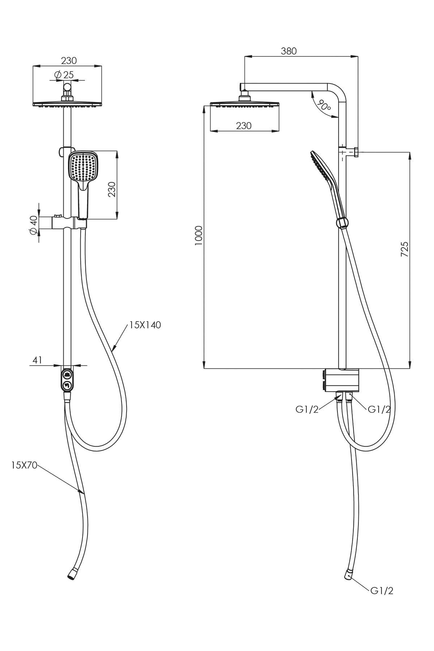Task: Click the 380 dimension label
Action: pyautogui.click(x=289, y=51)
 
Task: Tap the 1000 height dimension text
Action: pyautogui.click(x=199, y=236)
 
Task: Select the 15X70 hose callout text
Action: pyautogui.click(x=24, y=465)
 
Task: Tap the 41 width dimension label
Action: pyautogui.click(x=38, y=360)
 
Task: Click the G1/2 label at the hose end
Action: pyautogui.click(x=382, y=591)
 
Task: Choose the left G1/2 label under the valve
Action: pyautogui.click(x=307, y=409)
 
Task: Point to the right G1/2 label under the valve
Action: pyautogui.click(x=379, y=409)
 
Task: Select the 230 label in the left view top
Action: pyautogui.click(x=69, y=60)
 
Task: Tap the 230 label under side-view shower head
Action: pyautogui.click(x=244, y=125)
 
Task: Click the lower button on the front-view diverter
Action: pyautogui.click(x=67, y=386)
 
